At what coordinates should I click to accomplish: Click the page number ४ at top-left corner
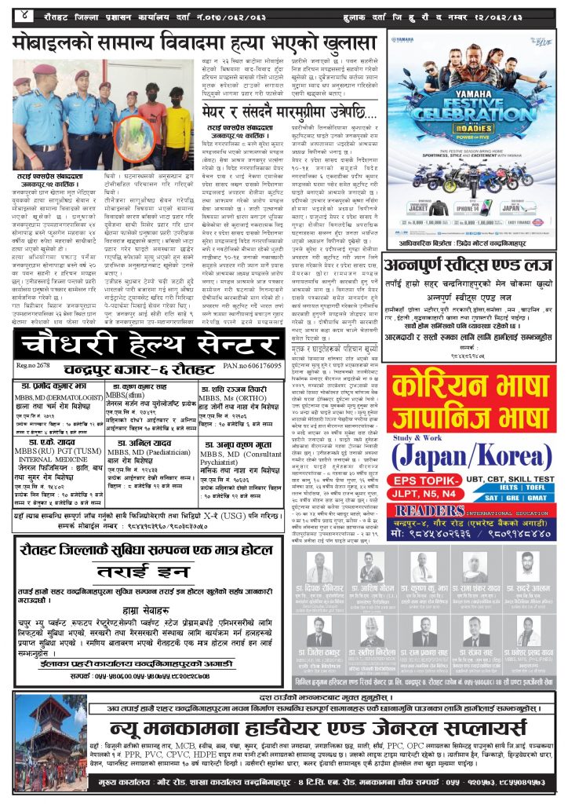click(25, 11)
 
